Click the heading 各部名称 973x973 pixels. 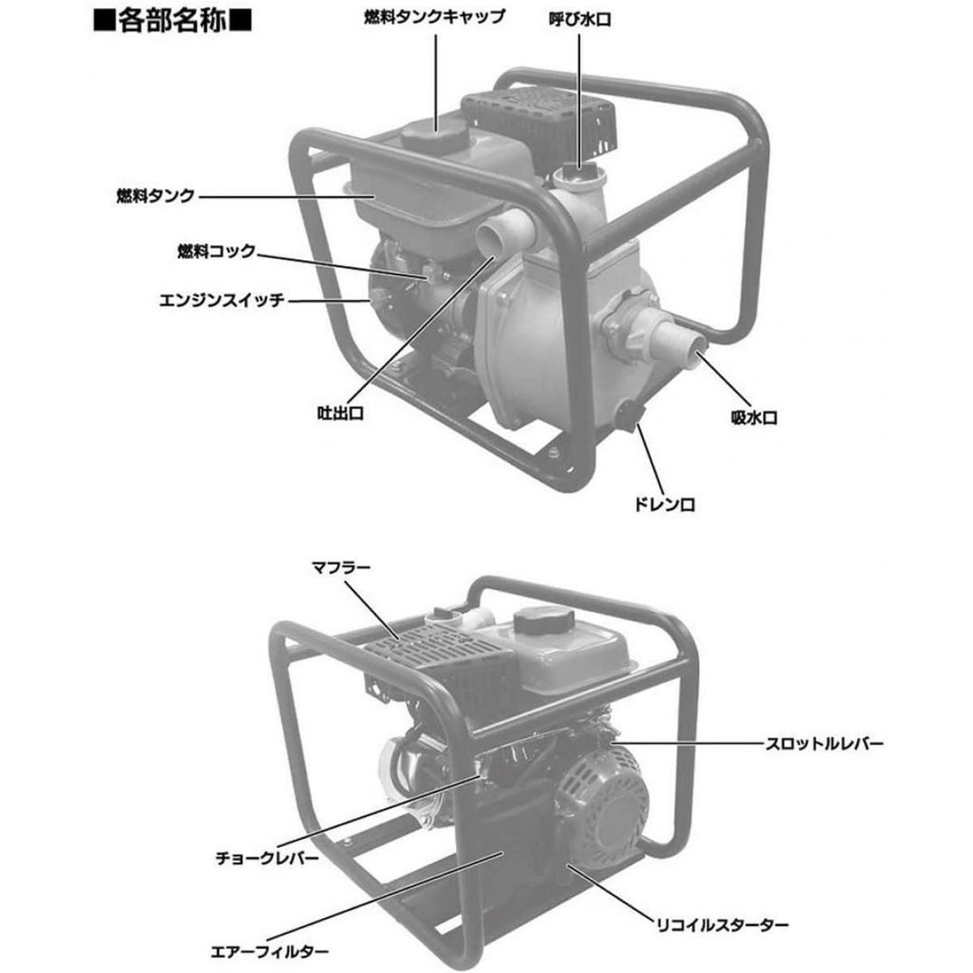(172, 21)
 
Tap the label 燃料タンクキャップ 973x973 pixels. (434, 17)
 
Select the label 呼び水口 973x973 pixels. (580, 19)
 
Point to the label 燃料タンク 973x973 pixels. (155, 196)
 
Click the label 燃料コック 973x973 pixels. (216, 251)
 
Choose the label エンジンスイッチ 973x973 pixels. (222, 300)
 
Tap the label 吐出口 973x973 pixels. (340, 413)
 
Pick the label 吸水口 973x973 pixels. (754, 418)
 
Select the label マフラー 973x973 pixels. (341, 568)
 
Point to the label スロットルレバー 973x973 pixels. (824, 743)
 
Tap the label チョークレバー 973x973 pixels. (267, 859)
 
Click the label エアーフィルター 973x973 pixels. (269, 951)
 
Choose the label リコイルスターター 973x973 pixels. (723, 925)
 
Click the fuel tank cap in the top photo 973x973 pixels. (432, 132)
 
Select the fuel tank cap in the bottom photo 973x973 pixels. (544, 619)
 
